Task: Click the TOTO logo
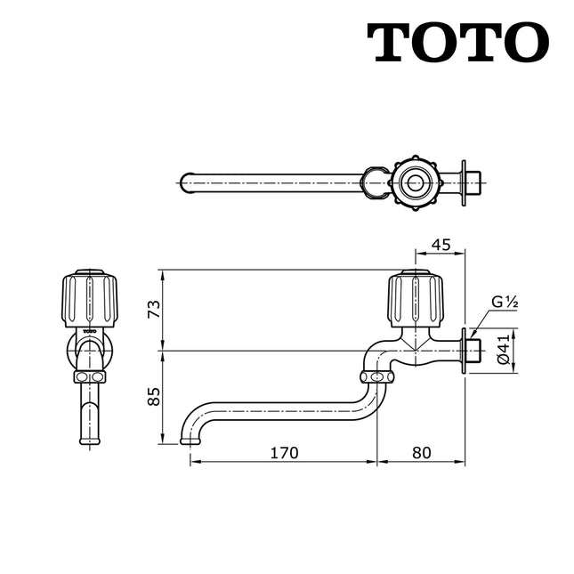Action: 457,43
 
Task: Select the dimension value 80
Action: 421,452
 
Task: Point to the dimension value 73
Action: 153,310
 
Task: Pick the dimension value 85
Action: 153,395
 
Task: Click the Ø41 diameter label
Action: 503,349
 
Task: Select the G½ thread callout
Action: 505,303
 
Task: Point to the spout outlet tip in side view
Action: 190,439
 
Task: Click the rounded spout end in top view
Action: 185,183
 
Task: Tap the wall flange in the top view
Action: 463,183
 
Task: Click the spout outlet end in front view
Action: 89,438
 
